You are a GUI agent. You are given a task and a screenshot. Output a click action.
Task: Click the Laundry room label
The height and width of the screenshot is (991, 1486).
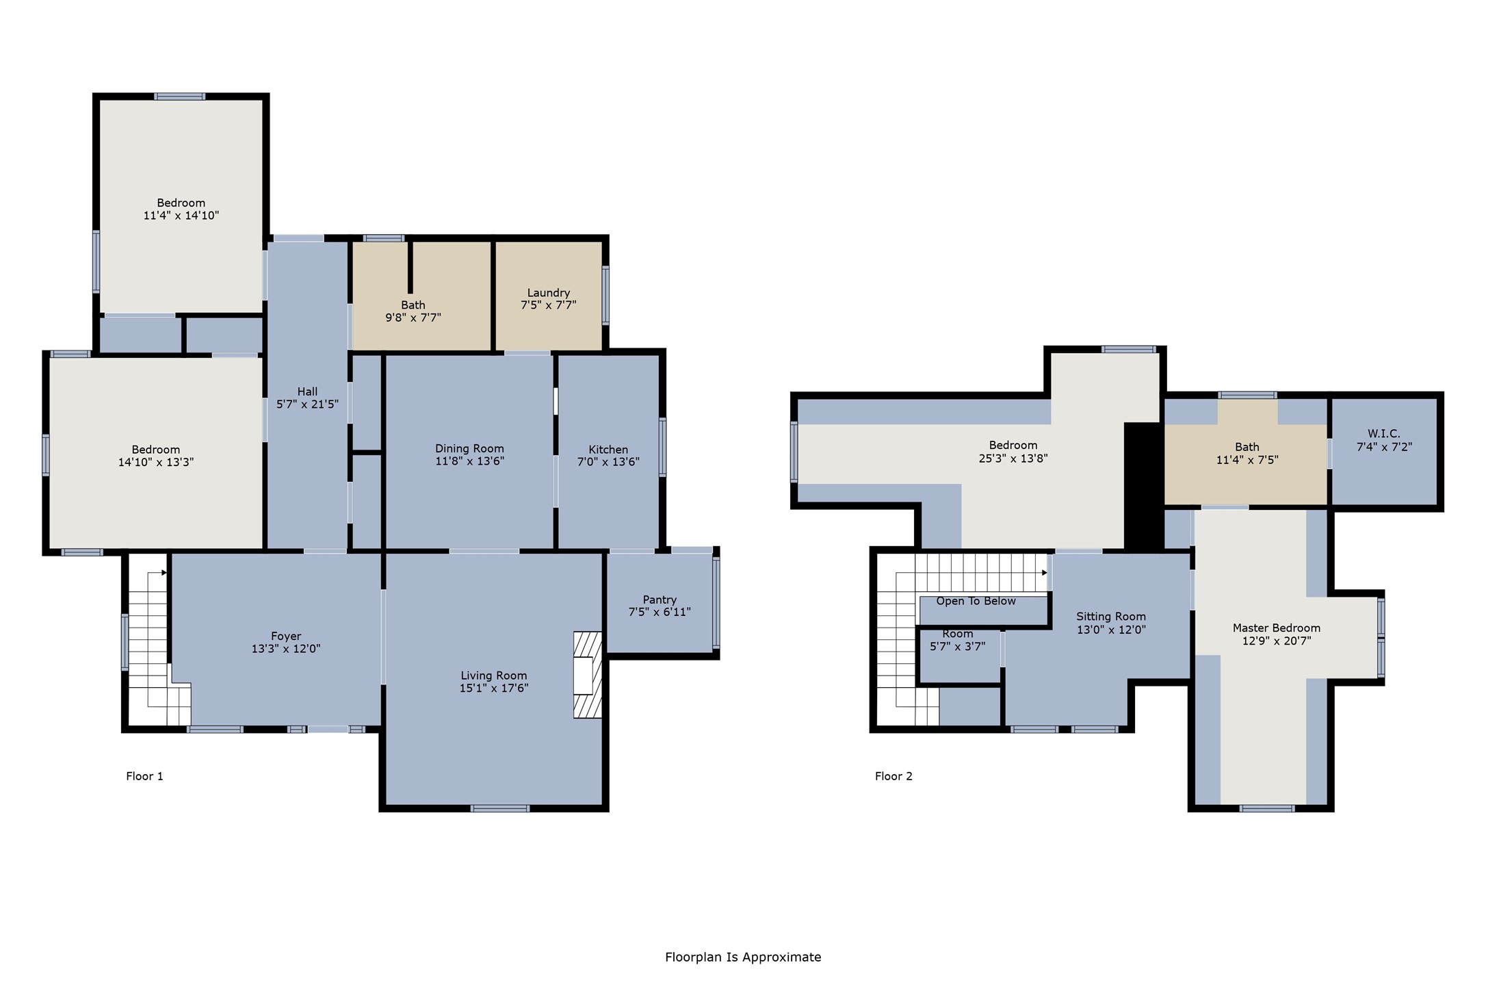[x=549, y=293]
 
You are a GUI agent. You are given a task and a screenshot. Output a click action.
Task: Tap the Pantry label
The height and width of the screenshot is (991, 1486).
[x=660, y=600]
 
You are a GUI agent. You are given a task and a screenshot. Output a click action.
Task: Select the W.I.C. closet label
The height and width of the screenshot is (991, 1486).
[x=1384, y=434]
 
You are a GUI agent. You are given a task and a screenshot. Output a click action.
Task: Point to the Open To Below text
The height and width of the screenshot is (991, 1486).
[x=976, y=601]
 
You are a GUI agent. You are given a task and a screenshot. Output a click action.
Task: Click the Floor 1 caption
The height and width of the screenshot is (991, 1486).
[x=144, y=776]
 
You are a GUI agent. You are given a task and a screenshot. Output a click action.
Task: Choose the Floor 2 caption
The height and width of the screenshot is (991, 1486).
[x=894, y=776]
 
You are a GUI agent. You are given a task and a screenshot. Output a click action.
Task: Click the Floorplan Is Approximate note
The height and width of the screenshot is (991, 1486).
[x=743, y=957]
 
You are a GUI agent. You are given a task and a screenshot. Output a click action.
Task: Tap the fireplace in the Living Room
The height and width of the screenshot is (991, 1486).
[x=588, y=675]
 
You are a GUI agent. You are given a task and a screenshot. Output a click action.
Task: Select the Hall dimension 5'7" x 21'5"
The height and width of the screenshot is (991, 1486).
[x=307, y=404]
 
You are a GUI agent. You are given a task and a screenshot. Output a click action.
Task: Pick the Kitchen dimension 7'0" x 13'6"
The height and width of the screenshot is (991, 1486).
[x=608, y=462]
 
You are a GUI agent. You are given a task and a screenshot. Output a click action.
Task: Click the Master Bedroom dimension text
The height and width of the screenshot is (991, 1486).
[x=1277, y=641]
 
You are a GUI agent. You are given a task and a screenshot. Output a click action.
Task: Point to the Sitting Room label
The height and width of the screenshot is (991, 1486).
[x=1111, y=617]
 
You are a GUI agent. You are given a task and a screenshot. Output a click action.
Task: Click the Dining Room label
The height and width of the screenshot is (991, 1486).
[x=469, y=449]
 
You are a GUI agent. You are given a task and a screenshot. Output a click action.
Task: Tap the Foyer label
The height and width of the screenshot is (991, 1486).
[x=286, y=636]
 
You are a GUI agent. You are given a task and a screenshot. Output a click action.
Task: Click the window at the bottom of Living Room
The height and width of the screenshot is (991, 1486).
[x=500, y=808]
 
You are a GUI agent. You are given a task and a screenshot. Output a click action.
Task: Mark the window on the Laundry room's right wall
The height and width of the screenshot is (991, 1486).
[x=605, y=295]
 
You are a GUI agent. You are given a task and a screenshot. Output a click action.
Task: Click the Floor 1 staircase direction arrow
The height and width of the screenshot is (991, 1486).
[x=164, y=573]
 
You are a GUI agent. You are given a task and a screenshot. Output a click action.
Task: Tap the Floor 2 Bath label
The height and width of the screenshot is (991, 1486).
[x=1247, y=447]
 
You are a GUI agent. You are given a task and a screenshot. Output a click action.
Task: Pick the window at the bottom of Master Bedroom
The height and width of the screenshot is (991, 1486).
[x=1267, y=808]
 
